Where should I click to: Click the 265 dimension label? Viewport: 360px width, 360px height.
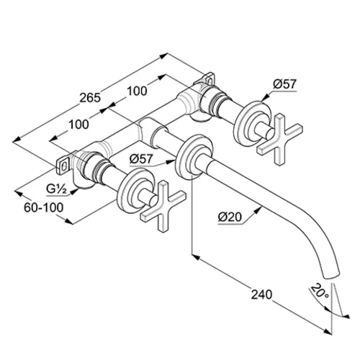(x=90, y=98)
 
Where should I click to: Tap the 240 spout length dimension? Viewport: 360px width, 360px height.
(x=261, y=294)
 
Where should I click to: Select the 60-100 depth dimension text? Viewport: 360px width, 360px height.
(x=44, y=207)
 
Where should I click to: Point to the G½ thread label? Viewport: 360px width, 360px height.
(x=56, y=189)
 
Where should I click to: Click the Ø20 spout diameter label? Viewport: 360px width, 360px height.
(x=230, y=217)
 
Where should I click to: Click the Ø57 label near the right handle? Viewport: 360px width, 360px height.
(x=285, y=84)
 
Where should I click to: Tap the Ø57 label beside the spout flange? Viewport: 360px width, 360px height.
(x=141, y=158)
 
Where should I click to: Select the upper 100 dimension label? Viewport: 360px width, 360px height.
(x=137, y=91)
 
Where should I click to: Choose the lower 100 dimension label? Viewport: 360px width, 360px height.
(x=78, y=125)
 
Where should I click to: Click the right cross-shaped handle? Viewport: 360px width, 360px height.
(x=279, y=140)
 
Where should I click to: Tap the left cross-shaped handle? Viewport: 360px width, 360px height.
(x=163, y=206)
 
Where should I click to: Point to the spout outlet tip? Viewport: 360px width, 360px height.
(x=332, y=275)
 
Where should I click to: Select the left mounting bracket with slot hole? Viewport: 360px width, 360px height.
(x=63, y=164)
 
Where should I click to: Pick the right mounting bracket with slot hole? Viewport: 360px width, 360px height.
(x=207, y=79)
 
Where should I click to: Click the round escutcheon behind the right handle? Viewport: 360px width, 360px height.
(x=252, y=122)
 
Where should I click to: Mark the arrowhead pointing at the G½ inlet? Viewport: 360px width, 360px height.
(x=75, y=191)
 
